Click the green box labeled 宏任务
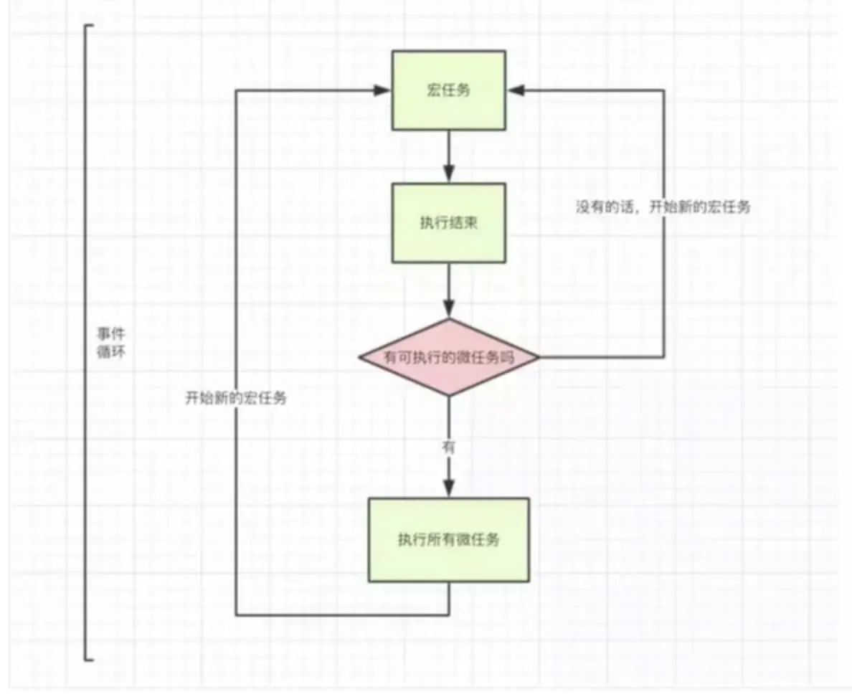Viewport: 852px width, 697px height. (x=448, y=91)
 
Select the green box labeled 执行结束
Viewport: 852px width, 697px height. (x=448, y=222)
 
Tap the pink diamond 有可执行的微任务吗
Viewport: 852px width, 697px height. (x=449, y=357)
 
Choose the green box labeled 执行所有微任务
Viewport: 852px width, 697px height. (x=449, y=539)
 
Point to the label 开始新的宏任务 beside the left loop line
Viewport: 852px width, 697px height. (x=236, y=399)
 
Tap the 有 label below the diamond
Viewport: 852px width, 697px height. (x=449, y=446)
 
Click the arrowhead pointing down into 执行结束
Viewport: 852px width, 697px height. (x=449, y=174)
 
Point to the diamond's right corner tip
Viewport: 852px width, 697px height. (x=538, y=357)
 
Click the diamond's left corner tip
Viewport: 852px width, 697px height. (x=360, y=357)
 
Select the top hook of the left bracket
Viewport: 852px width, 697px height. (x=90, y=26)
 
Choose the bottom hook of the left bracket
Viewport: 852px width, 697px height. (x=90, y=658)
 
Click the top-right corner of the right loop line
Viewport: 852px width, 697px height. (x=664, y=91)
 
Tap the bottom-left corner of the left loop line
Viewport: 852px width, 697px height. (x=236, y=615)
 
